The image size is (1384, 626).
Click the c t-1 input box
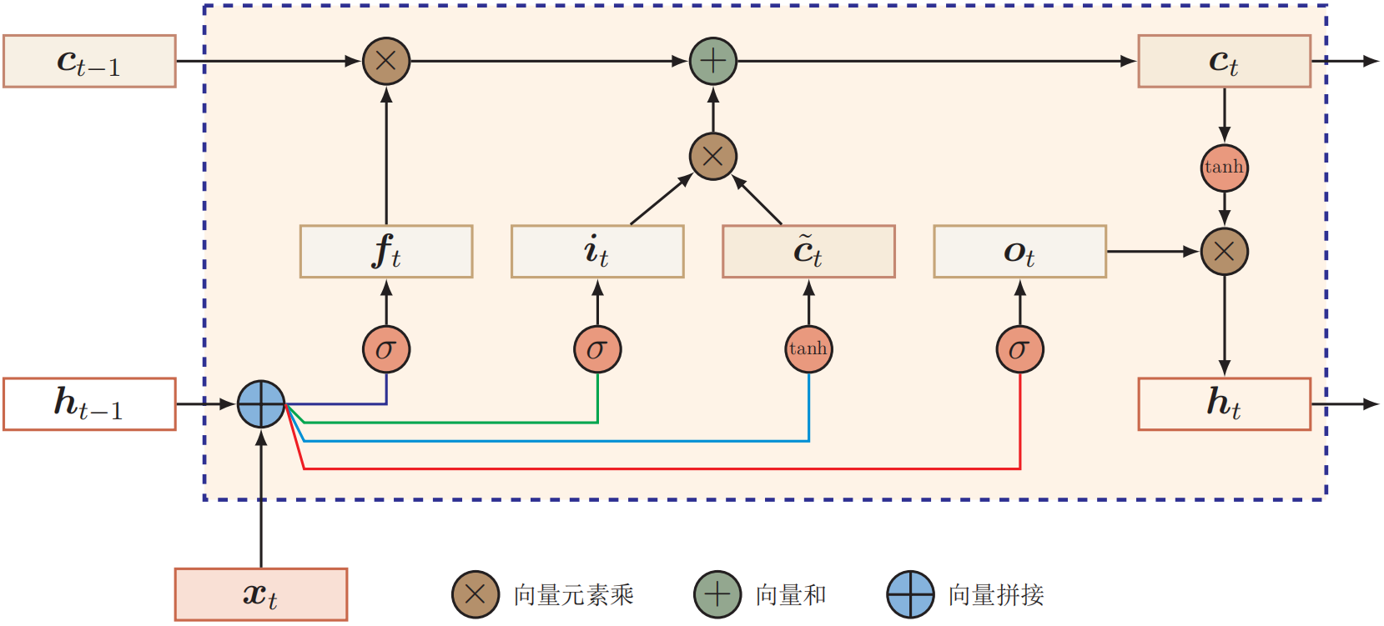click(x=89, y=61)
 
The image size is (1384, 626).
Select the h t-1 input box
click(x=89, y=403)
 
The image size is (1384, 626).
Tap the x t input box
click(x=261, y=593)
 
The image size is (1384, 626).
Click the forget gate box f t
click(x=386, y=251)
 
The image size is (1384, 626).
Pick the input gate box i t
click(x=597, y=251)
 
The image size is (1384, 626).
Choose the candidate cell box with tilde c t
click(x=808, y=251)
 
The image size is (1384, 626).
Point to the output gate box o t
click(x=1020, y=251)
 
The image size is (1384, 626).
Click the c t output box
click(x=1225, y=61)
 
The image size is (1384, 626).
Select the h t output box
click(x=1225, y=403)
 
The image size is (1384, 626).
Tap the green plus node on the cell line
click(x=713, y=61)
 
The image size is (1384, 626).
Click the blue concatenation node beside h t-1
click(x=261, y=403)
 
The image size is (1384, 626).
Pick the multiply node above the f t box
click(x=386, y=61)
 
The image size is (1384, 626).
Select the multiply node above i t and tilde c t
click(x=713, y=156)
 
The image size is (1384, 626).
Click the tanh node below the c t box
click(x=1225, y=168)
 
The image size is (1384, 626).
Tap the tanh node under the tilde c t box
click(x=808, y=349)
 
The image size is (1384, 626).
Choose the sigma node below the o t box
click(x=1020, y=349)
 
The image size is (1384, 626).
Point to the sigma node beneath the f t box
click(x=386, y=349)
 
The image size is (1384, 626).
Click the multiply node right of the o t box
click(x=1225, y=251)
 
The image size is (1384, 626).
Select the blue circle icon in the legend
click(x=911, y=594)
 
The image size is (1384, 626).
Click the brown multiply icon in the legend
click(x=476, y=594)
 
